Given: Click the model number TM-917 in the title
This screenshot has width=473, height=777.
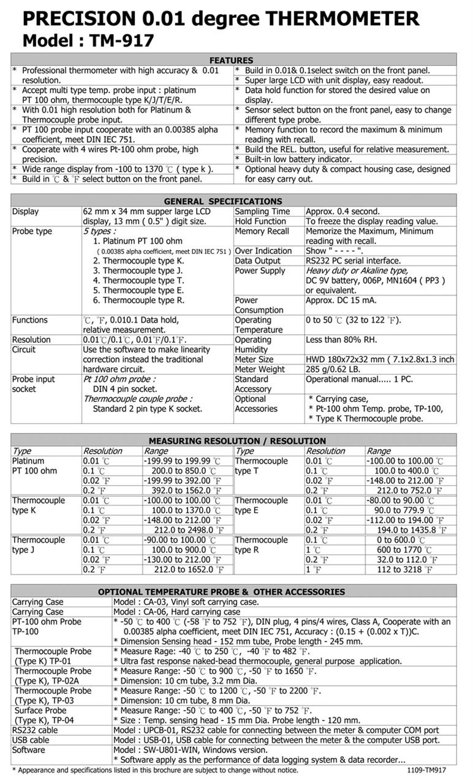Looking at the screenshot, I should point(119,40).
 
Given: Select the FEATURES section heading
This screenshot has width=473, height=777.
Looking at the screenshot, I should point(231,60).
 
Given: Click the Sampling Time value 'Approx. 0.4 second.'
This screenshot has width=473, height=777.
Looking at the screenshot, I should point(342,212).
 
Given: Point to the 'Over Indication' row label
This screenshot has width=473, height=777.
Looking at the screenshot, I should point(263,251).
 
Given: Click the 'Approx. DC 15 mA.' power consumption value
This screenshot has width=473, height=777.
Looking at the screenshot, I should point(340,300).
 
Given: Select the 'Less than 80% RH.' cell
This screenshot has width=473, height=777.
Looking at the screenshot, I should point(341,340).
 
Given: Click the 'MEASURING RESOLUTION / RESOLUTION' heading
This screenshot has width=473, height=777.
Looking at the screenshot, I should point(237,441).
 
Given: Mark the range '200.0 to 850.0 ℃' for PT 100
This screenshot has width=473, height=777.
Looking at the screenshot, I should point(183,471).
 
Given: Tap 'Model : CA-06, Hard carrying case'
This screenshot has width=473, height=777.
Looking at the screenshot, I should point(177,612).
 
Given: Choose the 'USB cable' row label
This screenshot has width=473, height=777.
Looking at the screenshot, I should point(31,740).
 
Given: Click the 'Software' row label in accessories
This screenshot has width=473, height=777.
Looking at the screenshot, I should point(28,750).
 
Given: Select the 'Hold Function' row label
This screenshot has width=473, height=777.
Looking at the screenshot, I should point(260,221).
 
